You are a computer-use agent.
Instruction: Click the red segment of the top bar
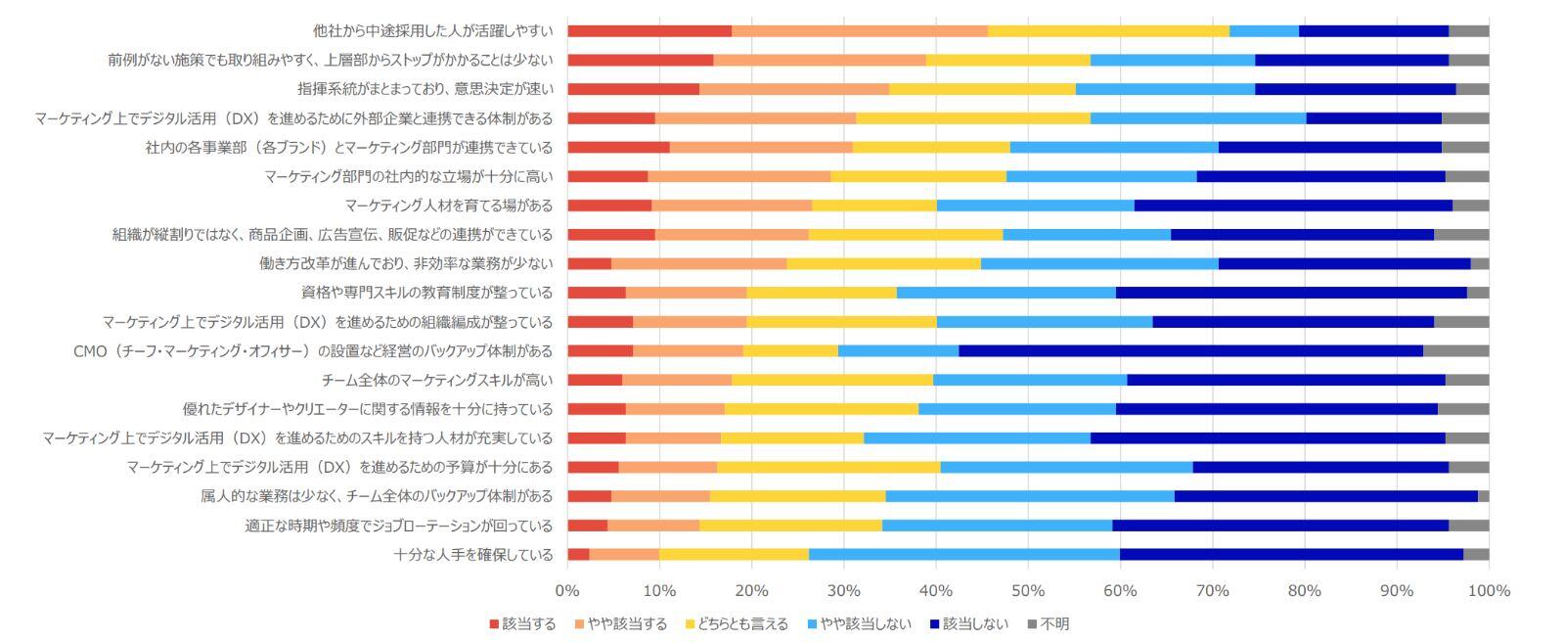(x=648, y=31)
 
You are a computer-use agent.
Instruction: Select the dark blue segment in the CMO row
(x=1190, y=350)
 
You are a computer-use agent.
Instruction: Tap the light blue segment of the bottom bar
(x=963, y=554)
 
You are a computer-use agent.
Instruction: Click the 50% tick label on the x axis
(x=1028, y=591)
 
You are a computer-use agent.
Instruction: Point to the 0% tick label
(x=567, y=591)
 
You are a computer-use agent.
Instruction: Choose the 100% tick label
(x=1489, y=591)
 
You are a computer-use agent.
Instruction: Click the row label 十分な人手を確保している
(x=473, y=554)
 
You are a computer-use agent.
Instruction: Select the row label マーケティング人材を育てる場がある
(x=449, y=206)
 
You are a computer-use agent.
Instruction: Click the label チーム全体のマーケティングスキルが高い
(x=437, y=380)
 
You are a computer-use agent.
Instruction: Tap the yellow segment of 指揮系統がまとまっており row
(x=982, y=89)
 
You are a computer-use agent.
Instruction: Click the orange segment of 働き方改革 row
(x=698, y=263)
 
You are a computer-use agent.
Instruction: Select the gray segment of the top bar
(x=1468, y=31)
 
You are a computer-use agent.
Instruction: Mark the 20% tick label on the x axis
(x=751, y=591)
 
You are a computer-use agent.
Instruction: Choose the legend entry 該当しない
(x=968, y=623)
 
